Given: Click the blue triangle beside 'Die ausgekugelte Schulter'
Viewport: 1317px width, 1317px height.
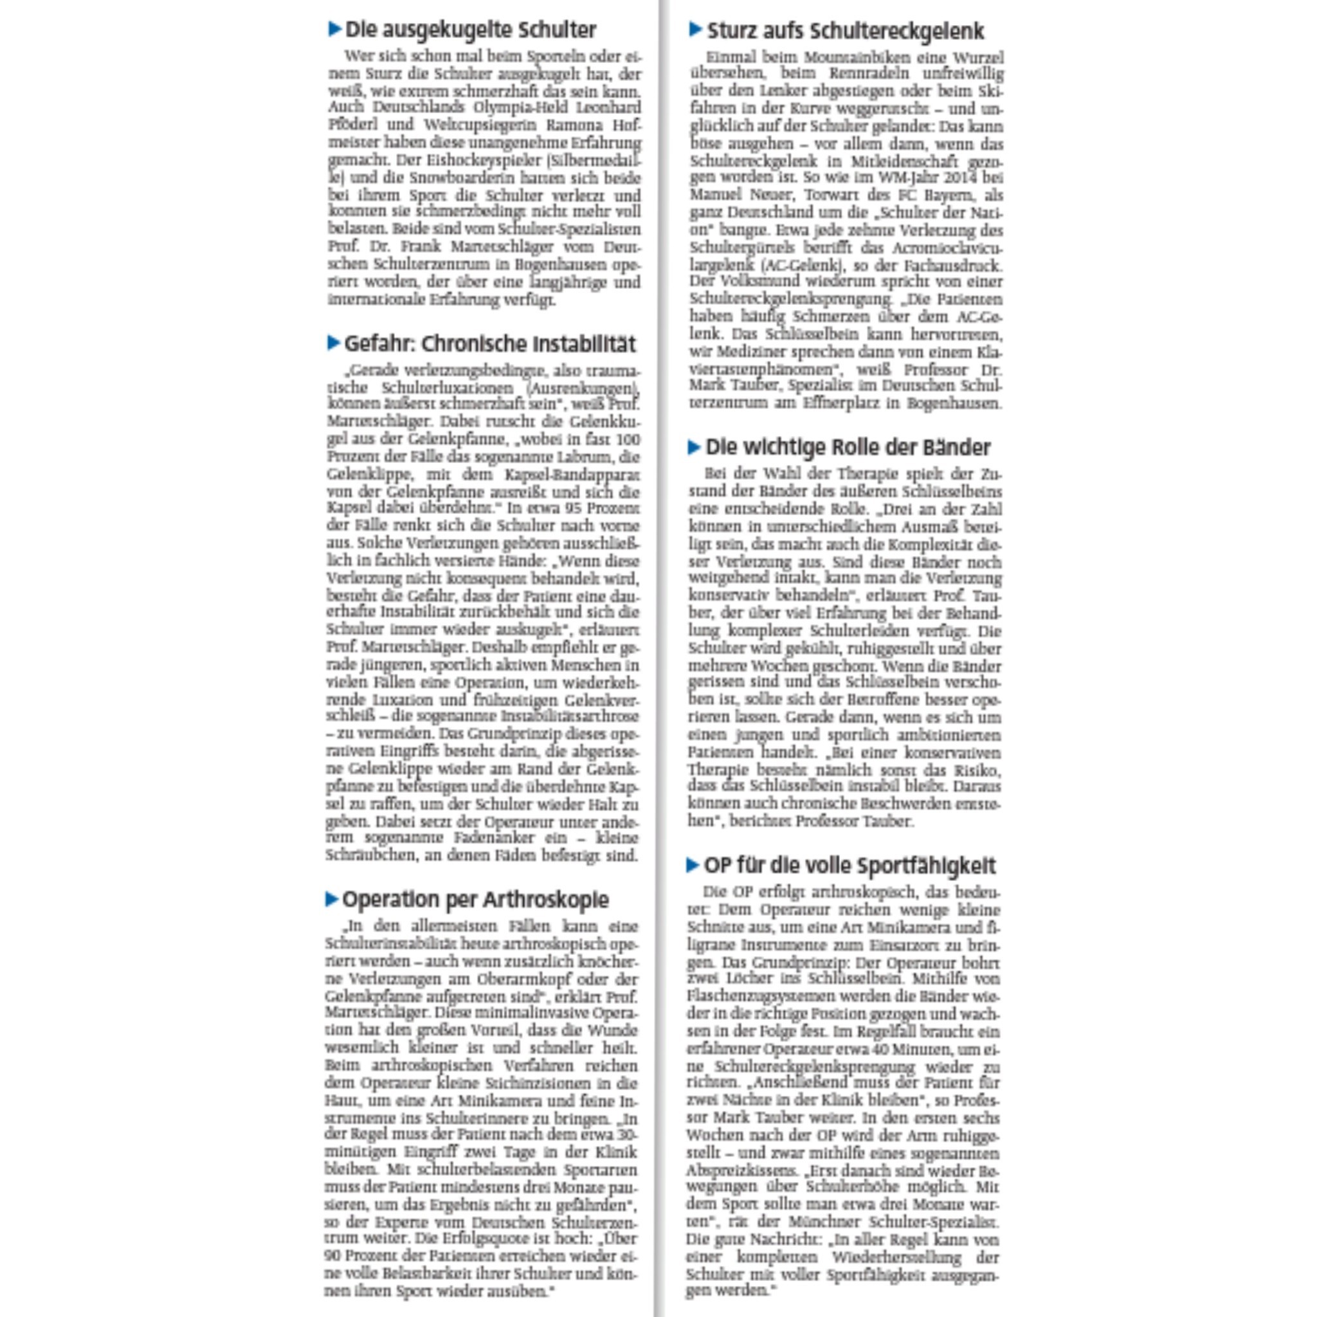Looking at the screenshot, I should click(334, 30).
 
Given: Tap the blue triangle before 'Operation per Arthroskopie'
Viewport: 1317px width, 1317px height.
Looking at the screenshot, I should click(332, 899).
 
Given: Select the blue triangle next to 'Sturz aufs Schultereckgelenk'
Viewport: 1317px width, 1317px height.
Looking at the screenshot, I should click(695, 30).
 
